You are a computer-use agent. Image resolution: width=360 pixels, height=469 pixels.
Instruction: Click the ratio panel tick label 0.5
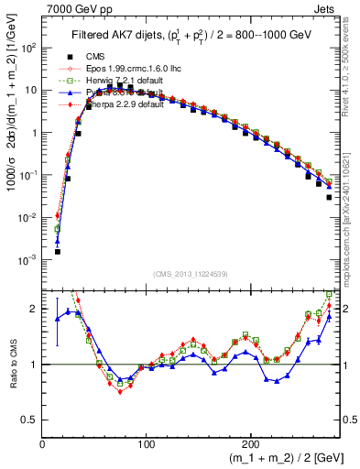tap(31, 420)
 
